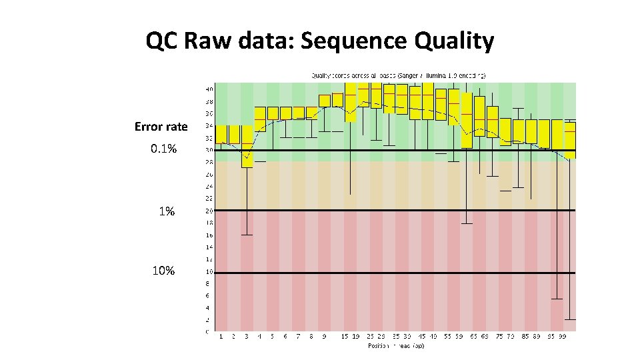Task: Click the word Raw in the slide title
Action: coord(207,41)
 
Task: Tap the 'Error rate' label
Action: coord(161,127)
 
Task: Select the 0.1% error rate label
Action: coord(163,149)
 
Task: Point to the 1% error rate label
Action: coord(166,211)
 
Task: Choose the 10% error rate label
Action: coord(163,271)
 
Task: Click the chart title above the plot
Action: coord(399,75)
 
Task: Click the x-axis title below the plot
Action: coord(395,345)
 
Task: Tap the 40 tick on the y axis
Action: coord(209,89)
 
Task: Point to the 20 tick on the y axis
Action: coord(209,211)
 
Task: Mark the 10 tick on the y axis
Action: coord(209,272)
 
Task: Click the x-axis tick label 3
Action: coord(247,337)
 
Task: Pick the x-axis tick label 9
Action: coord(325,337)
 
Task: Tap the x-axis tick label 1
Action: coord(221,337)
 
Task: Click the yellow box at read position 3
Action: coord(247,146)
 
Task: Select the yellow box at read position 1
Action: coord(221,134)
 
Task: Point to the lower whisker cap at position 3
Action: coord(247,235)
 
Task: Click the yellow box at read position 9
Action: coord(325,101)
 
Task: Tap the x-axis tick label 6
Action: coord(285,337)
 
